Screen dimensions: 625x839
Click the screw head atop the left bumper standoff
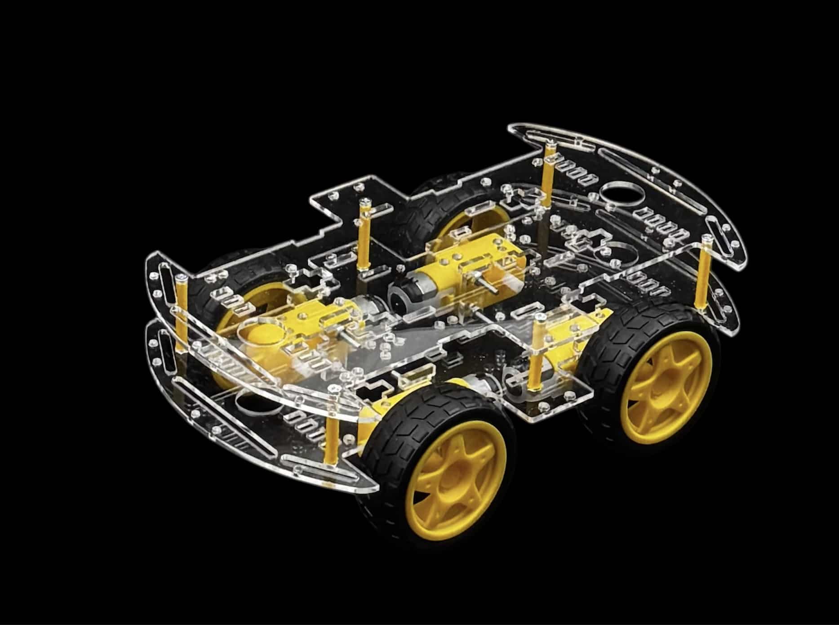click(180, 277)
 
